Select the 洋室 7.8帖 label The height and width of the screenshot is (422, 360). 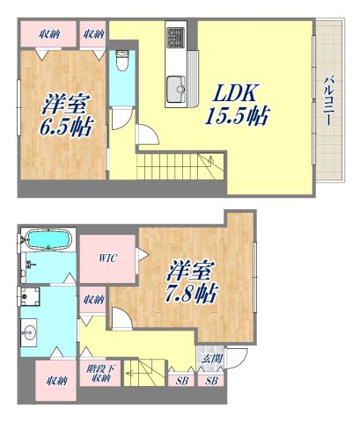point(190,279)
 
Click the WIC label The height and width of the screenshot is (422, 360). point(107,258)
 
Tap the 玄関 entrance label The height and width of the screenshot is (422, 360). point(211,357)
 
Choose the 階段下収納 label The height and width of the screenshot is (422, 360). point(98,374)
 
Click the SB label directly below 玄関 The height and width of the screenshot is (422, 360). point(211,380)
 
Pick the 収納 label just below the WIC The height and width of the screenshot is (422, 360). point(92,300)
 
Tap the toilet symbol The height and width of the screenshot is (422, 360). point(123,62)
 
